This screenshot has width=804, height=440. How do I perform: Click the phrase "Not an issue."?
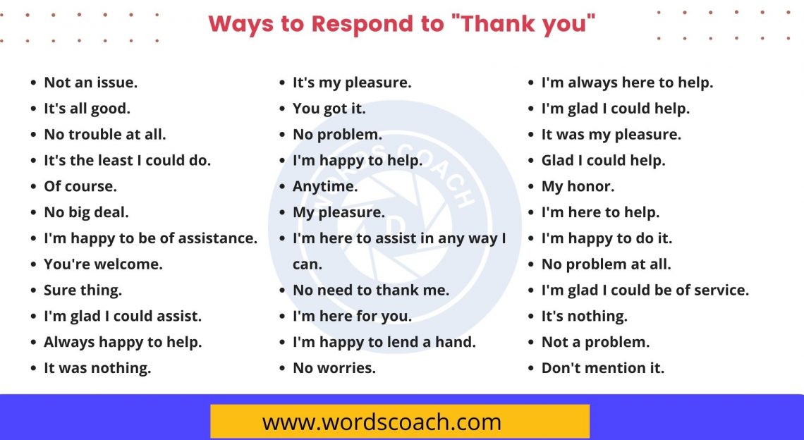click(x=90, y=82)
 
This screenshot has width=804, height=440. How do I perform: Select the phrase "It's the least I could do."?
click(x=127, y=160)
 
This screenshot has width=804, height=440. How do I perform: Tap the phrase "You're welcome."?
click(x=103, y=264)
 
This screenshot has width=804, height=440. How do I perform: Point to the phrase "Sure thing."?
click(x=83, y=290)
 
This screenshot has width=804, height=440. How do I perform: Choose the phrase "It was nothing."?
click(x=97, y=368)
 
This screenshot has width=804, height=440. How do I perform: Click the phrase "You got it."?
click(x=329, y=109)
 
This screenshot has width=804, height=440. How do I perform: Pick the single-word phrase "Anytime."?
click(x=325, y=186)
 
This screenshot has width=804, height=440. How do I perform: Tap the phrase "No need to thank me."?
click(x=370, y=290)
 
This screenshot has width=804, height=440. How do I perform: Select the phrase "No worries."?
click(x=334, y=368)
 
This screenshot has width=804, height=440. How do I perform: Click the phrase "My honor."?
click(x=578, y=186)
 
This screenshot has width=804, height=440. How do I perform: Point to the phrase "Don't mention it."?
click(x=602, y=368)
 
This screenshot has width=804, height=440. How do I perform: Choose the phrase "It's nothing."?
click(x=584, y=316)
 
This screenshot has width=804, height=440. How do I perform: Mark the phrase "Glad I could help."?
click(x=603, y=160)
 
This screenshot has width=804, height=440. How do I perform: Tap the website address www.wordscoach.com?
click(x=382, y=422)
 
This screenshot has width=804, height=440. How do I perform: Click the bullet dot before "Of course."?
click(x=33, y=187)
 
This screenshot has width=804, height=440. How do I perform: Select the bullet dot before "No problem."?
click(x=282, y=135)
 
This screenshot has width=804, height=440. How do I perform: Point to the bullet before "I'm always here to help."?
click(x=531, y=83)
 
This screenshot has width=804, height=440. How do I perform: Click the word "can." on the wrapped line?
click(x=307, y=264)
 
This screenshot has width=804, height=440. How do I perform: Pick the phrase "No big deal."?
click(x=86, y=212)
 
